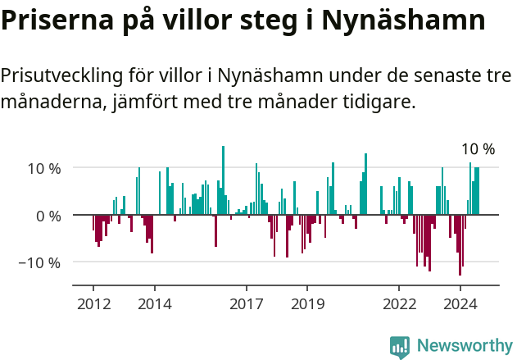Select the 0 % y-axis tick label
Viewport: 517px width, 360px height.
48,216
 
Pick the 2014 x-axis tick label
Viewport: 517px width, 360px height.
154,303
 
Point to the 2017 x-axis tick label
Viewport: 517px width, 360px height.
246,303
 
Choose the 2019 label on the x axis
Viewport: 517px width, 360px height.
307,303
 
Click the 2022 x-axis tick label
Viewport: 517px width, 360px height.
399,303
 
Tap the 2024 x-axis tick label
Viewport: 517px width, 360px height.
460,303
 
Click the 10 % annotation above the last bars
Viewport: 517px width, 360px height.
478,149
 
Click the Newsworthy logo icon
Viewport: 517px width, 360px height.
400,346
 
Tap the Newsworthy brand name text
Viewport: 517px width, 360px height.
464,346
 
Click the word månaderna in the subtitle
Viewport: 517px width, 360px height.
49,103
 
